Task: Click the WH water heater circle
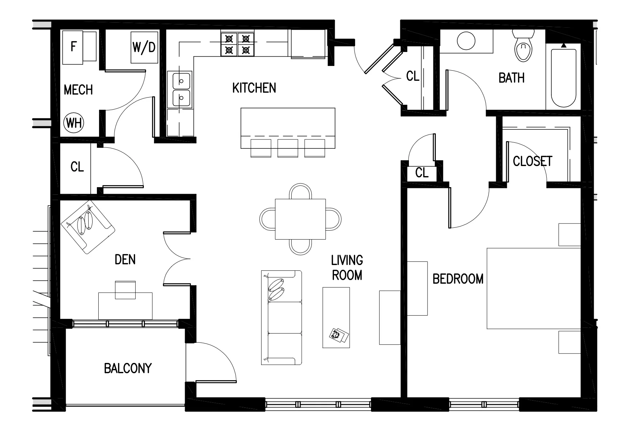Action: click(74, 123)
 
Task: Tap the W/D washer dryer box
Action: click(144, 47)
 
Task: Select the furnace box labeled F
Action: click(74, 47)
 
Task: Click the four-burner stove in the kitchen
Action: click(237, 44)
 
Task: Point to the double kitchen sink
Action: click(182, 89)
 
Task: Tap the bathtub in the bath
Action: click(564, 77)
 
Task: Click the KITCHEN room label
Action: click(254, 88)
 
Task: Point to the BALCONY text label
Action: click(128, 368)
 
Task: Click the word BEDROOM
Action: click(458, 279)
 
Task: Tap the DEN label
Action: click(125, 260)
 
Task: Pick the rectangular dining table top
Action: click(300, 219)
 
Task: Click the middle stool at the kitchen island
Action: click(288, 148)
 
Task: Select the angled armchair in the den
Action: click(87, 227)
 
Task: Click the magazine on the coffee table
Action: click(339, 336)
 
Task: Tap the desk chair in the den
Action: click(125, 289)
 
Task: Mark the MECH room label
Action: click(78, 90)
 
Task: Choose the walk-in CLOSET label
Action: click(532, 161)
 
